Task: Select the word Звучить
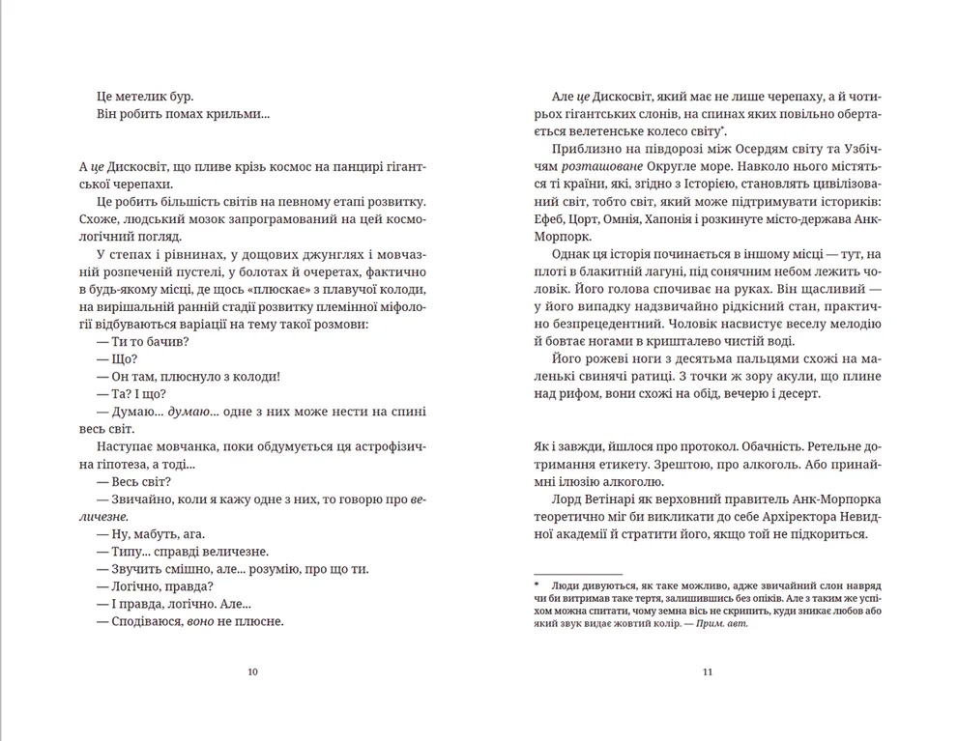[139, 568]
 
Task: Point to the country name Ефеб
[547, 219]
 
